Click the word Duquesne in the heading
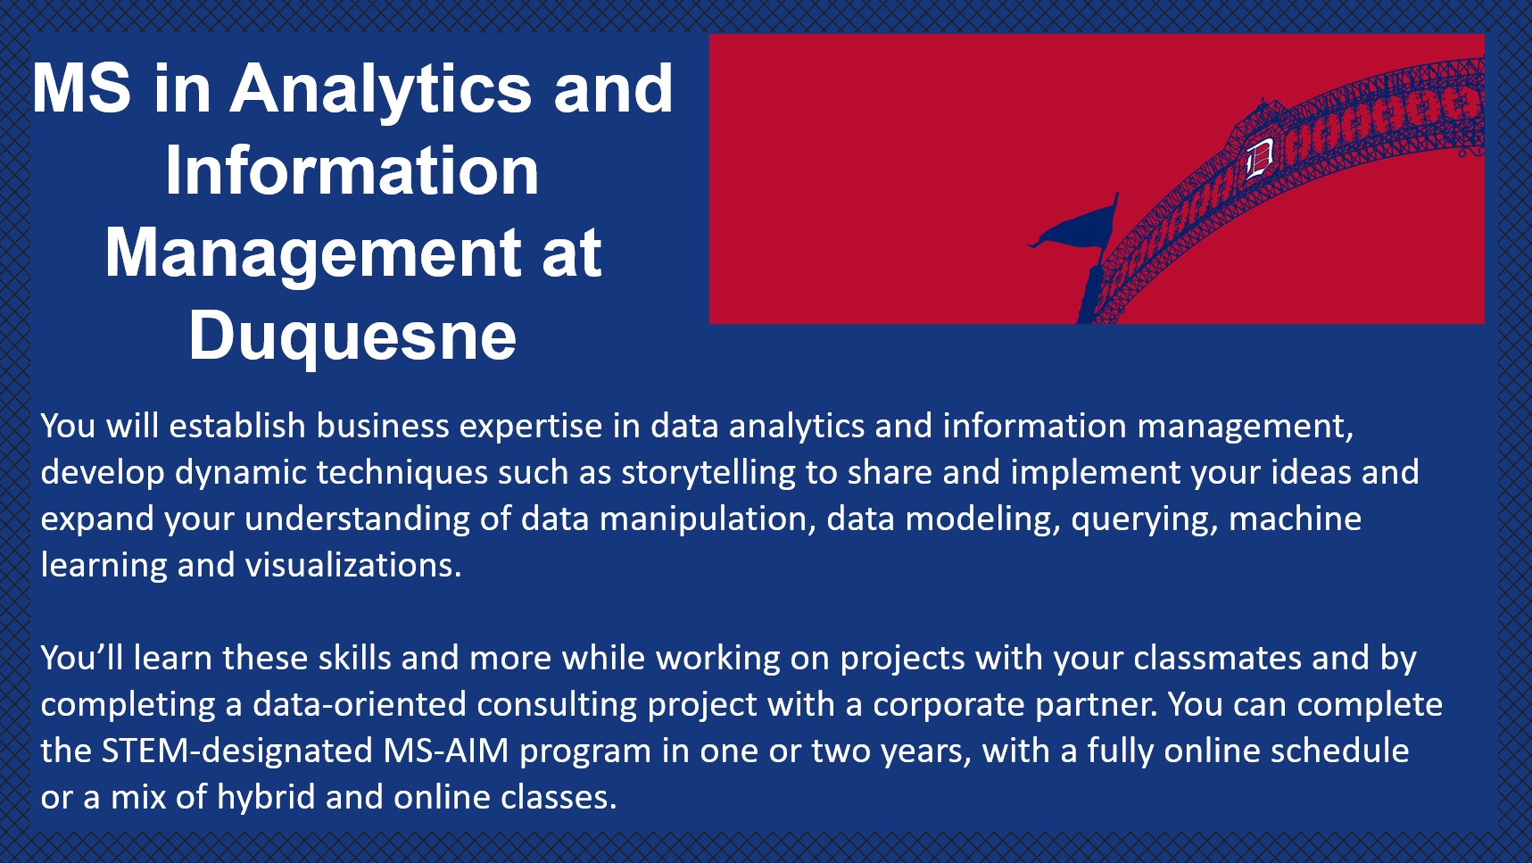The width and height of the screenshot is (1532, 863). click(352, 336)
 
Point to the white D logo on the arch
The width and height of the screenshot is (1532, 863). click(1259, 159)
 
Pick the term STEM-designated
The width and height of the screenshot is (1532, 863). click(237, 751)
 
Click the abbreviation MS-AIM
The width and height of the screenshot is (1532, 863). click(446, 751)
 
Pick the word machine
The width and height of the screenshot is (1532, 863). click(1295, 519)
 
